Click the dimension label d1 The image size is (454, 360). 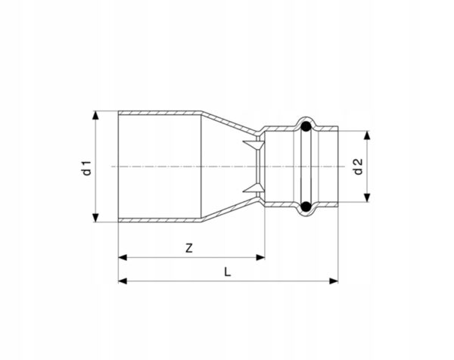click(x=87, y=168)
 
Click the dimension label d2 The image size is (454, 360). click(x=358, y=166)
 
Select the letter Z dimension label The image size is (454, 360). click(x=188, y=248)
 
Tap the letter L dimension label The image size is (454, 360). click(x=228, y=272)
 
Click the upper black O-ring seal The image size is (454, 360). click(x=306, y=126)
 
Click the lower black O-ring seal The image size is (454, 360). click(x=306, y=206)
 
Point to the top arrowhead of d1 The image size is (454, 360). click(x=95, y=115)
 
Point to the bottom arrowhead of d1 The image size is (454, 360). click(x=95, y=218)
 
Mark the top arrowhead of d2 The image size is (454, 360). click(x=367, y=135)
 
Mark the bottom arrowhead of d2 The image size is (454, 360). click(x=367, y=197)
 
